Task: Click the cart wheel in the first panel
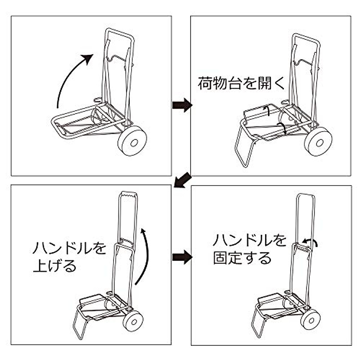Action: tap(132, 141)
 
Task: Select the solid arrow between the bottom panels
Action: tap(182, 257)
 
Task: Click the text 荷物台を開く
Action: tap(241, 83)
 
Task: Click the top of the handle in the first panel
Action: tap(119, 32)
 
